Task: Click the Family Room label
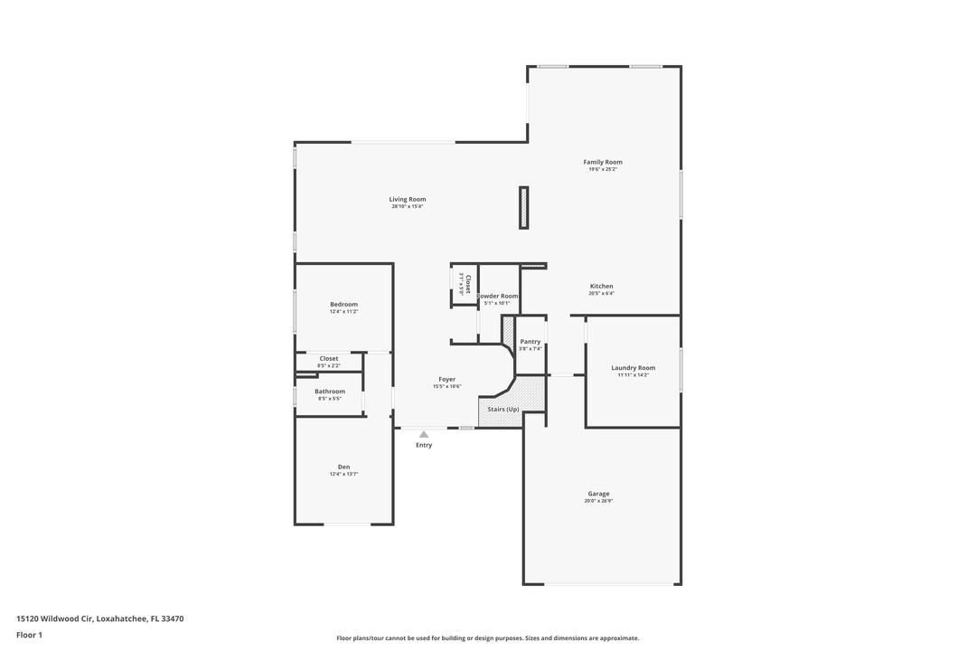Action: pos(602,162)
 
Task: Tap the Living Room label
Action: pos(408,199)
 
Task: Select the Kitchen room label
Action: pos(601,287)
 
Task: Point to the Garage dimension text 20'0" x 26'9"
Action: pos(598,501)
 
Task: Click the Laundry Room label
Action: pos(633,368)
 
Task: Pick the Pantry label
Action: pos(530,342)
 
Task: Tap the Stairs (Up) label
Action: pos(503,410)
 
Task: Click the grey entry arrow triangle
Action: pos(424,434)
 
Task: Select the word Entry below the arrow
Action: pos(424,445)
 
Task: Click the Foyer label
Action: pos(446,379)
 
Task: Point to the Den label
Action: pos(343,467)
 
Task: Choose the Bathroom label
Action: pos(329,392)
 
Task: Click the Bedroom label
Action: pos(343,304)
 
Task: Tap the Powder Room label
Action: pos(498,297)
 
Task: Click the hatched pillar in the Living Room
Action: pos(523,207)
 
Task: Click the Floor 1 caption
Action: pos(29,635)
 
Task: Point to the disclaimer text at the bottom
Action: pos(487,638)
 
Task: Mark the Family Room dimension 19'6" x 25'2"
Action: pos(602,169)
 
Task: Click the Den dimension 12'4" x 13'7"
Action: pos(343,474)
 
